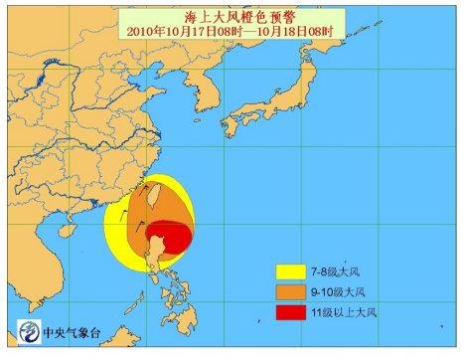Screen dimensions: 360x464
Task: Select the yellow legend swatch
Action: point(295,270)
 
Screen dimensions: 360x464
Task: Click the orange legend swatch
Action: point(295,291)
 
